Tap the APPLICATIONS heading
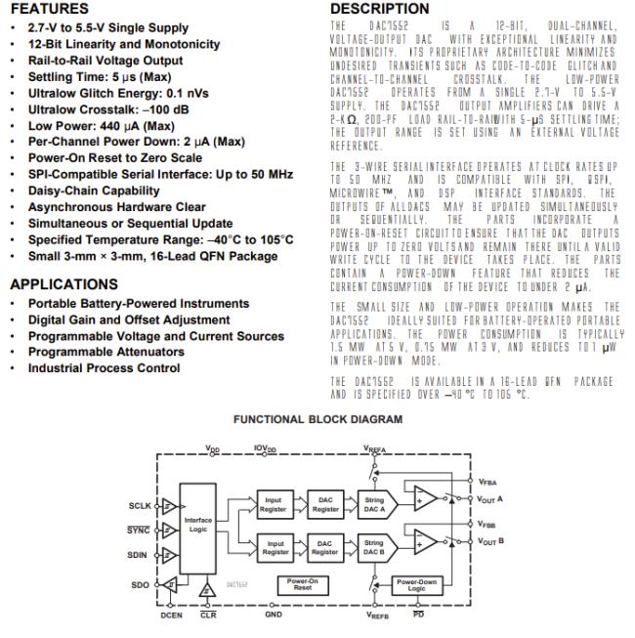tap(64, 284)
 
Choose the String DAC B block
tap(373, 546)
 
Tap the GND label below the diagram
tap(273, 617)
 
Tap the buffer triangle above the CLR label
tap(207, 590)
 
